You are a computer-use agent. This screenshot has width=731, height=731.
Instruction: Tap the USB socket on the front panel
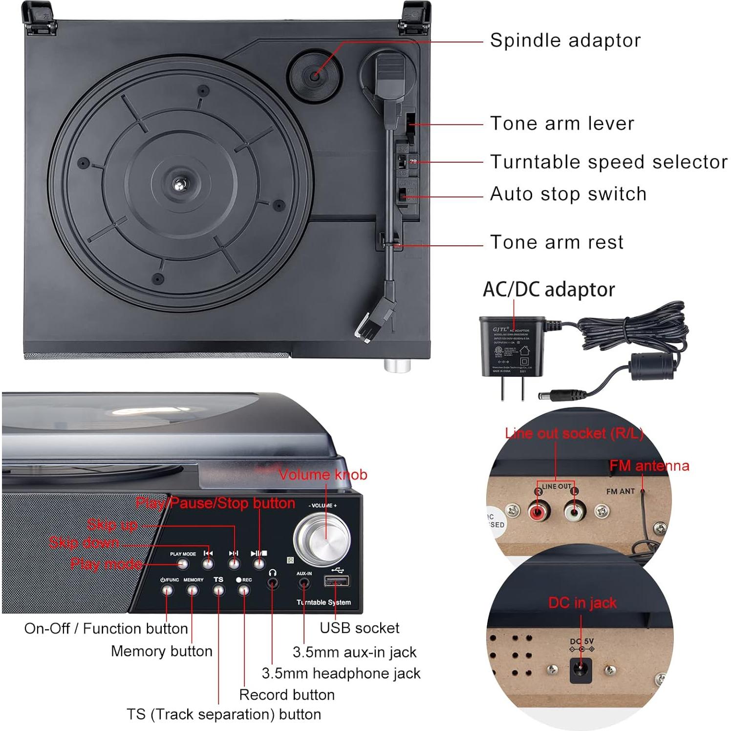coord(337,581)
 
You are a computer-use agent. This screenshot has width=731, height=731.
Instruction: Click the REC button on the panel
coord(244,590)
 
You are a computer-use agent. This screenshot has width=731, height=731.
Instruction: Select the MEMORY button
coord(193,590)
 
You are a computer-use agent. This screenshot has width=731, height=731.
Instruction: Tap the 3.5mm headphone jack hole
coord(273,583)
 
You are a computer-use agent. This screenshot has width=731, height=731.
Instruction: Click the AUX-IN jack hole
coord(304,583)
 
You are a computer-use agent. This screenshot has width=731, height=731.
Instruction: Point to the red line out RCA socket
coord(538,513)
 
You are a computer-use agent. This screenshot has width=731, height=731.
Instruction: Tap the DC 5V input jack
coord(580,670)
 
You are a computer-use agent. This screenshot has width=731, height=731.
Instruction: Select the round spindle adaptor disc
coord(314,74)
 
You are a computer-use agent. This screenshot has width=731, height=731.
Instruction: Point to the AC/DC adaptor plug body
coord(512,347)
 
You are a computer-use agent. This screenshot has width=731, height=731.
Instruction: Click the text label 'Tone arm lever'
coord(562,124)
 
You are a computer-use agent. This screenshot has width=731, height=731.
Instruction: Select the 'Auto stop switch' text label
coord(568,194)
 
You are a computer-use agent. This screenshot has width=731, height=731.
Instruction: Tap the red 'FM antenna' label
coord(649,466)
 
